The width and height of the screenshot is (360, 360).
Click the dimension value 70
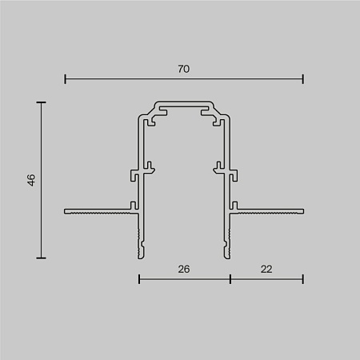tap(184, 70)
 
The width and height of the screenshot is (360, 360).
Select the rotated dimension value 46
tap(31, 180)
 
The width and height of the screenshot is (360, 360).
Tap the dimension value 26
tap(184, 270)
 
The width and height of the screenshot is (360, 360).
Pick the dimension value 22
tap(266, 270)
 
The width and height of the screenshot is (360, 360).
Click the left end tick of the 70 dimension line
tap(65, 78)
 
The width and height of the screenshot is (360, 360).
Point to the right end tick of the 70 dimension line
tap(303, 78)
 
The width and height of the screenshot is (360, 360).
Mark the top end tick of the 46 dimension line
tap(41, 102)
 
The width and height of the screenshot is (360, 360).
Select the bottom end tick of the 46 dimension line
tap(41, 258)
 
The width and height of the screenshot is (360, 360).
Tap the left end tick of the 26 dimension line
tap(139, 278)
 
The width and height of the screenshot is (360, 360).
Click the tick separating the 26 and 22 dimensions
tap(230, 278)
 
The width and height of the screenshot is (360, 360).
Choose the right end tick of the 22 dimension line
tap(303, 278)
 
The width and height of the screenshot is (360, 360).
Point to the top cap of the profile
tap(184, 105)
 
